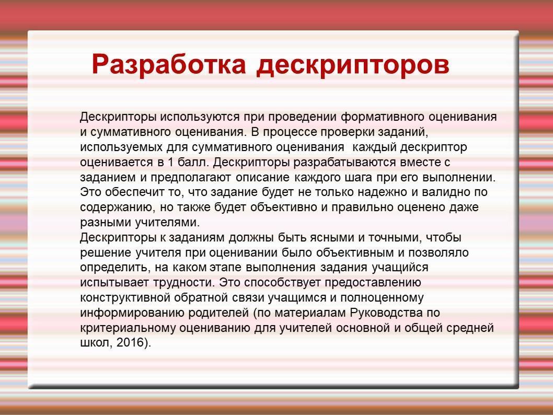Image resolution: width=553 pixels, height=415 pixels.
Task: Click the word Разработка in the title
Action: (x=169, y=65)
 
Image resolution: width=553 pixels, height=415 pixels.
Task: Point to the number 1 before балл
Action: (x=171, y=162)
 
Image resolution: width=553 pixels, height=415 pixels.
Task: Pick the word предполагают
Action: (x=191, y=178)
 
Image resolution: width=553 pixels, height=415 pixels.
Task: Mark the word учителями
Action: (x=168, y=223)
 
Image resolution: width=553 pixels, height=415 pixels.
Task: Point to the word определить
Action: (x=115, y=268)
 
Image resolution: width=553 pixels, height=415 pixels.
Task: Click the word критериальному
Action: (x=128, y=328)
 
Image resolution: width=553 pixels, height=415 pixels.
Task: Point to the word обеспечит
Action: (x=140, y=192)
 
